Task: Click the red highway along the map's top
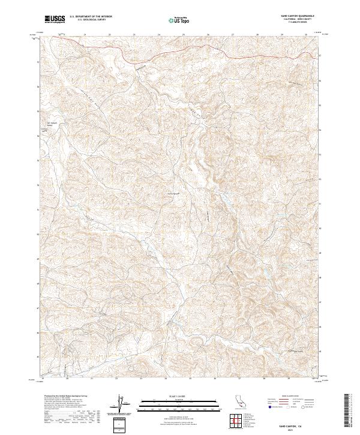[x=180, y=52]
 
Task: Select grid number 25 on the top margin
[x=134, y=35]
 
